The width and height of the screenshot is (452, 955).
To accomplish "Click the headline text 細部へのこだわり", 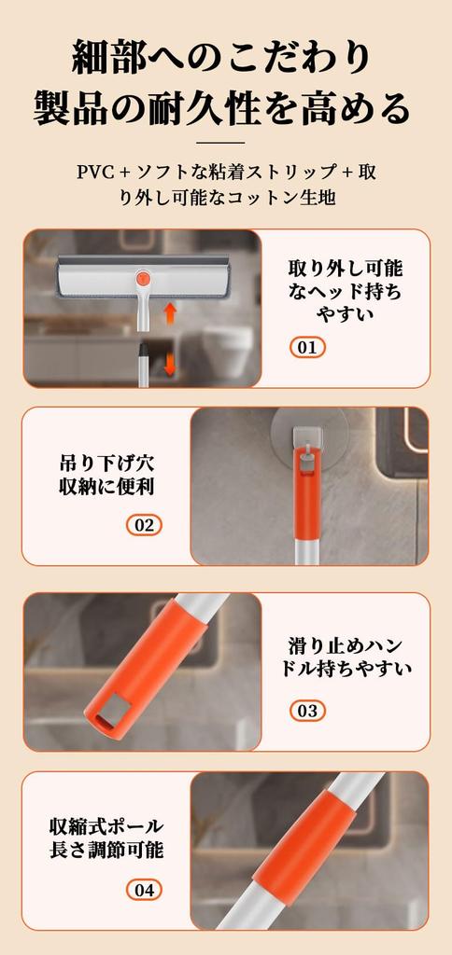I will (x=225, y=58).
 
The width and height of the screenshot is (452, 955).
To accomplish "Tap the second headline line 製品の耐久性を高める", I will (x=225, y=109).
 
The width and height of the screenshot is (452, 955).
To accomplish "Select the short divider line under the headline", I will (x=225, y=143).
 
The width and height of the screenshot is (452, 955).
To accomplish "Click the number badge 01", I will (x=307, y=348).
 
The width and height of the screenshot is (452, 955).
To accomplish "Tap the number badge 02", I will (x=144, y=525).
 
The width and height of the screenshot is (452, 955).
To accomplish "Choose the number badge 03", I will (x=307, y=711).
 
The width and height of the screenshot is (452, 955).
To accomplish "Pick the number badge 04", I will (x=144, y=890).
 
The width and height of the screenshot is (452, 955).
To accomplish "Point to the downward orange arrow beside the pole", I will (x=170, y=363).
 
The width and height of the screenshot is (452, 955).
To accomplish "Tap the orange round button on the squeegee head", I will (x=144, y=278).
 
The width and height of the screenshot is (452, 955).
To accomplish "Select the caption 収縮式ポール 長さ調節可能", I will (x=106, y=837).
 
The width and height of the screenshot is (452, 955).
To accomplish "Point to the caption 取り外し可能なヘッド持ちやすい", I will (x=345, y=290).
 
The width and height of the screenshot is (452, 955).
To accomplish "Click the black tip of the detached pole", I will (x=145, y=351).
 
